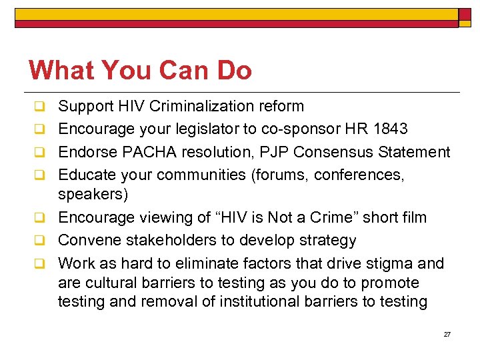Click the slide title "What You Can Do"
140,70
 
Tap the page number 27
447,334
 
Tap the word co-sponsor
263,129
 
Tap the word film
413,217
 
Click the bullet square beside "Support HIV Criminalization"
40,107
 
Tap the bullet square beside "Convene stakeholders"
40,241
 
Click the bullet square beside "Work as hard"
40,263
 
